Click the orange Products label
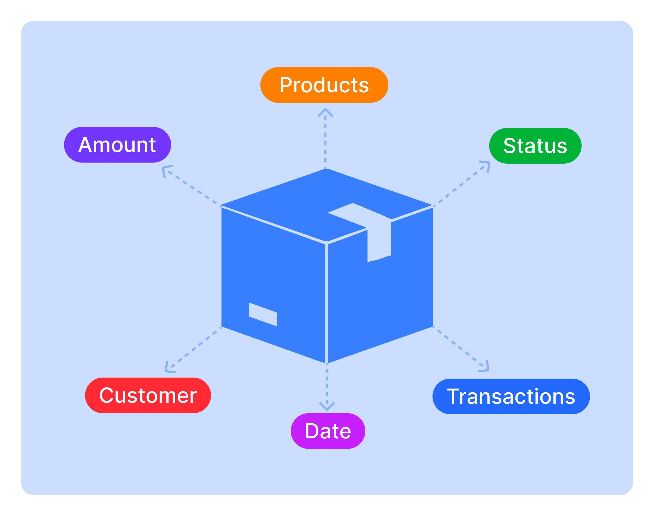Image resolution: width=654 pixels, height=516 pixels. pyautogui.click(x=324, y=85)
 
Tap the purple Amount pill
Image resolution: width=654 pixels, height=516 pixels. pyautogui.click(x=117, y=145)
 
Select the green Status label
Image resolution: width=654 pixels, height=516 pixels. pyautogui.click(x=535, y=146)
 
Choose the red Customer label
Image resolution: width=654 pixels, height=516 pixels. pyautogui.click(x=148, y=395)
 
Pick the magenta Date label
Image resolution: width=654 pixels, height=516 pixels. pyautogui.click(x=328, y=431)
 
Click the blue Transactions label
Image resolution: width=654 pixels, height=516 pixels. pyautogui.click(x=511, y=396)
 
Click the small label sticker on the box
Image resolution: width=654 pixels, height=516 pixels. pyautogui.click(x=263, y=314)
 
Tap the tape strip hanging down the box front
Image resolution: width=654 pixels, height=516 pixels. pyautogui.click(x=379, y=242)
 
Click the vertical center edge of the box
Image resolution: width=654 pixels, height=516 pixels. pyautogui.click(x=326, y=302)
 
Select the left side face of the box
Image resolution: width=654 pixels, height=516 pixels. pyautogui.click(x=272, y=272)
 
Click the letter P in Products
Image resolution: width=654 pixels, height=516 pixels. pyautogui.click(x=286, y=85)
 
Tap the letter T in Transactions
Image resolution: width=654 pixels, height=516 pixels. pyautogui.click(x=454, y=396)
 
